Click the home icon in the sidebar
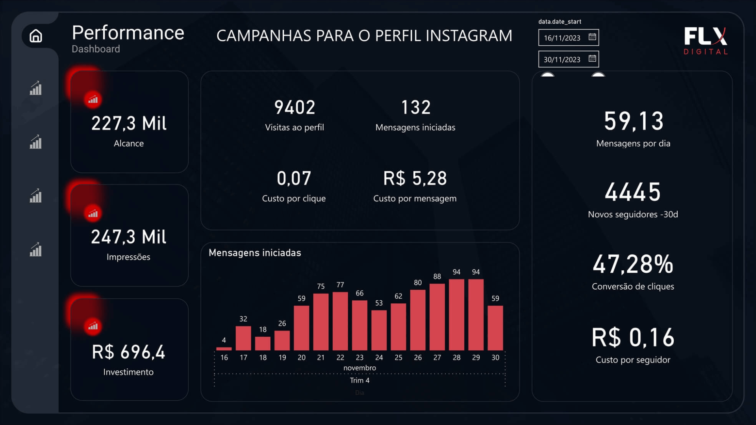coord(36,36)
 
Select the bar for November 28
coord(456,315)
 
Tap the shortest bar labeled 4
coord(224,348)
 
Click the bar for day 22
coord(340,321)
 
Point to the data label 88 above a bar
coord(437,277)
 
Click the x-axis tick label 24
coord(379,357)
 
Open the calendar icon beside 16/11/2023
coord(592,37)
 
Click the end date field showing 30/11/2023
coord(562,59)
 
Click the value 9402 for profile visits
coord(295,107)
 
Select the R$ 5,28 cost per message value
coord(415,178)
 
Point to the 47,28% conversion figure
coord(633,264)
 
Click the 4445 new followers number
coord(633,192)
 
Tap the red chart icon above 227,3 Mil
coord(93,100)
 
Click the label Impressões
coord(128,257)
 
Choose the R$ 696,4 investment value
coord(128,352)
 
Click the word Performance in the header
coord(128,33)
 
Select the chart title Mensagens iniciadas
coord(255,253)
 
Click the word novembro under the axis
coord(359,368)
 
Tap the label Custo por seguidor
coord(633,360)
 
